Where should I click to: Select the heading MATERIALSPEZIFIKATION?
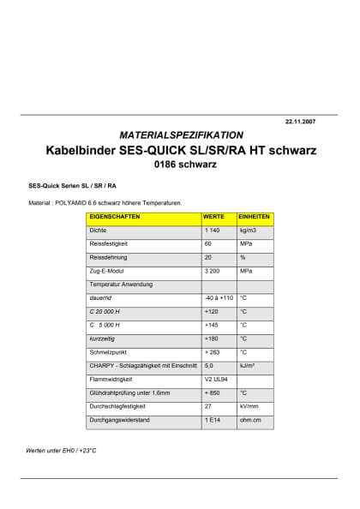pos(181,135)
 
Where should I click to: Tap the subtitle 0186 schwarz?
pos(181,165)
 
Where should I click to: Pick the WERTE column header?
pos(214,218)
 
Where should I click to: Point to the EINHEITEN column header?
pos(255,218)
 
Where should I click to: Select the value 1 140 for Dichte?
pos(213,231)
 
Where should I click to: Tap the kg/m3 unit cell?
pos(249,231)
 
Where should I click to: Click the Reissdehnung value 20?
pos(208,258)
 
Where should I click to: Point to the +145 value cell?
pos(211,326)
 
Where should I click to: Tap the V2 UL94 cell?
pos(216,379)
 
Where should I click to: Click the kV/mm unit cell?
pos(249,406)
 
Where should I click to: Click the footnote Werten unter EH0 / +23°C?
pos(61,451)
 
